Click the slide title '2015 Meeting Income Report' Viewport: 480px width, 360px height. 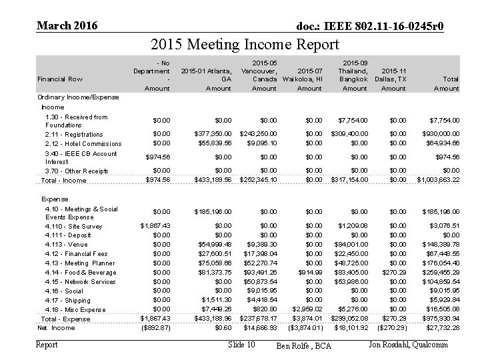tap(245, 45)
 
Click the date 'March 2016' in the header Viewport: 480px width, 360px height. tap(67, 26)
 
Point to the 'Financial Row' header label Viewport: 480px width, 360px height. tap(59, 79)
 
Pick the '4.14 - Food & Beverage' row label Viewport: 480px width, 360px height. tap(80, 273)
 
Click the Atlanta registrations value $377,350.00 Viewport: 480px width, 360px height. tap(213, 134)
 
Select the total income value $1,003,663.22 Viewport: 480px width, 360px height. tap(438, 181)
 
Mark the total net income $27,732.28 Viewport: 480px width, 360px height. tap(441, 328)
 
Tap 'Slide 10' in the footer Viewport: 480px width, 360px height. tap(241, 345)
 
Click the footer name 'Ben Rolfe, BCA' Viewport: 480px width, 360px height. tap(303, 345)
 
